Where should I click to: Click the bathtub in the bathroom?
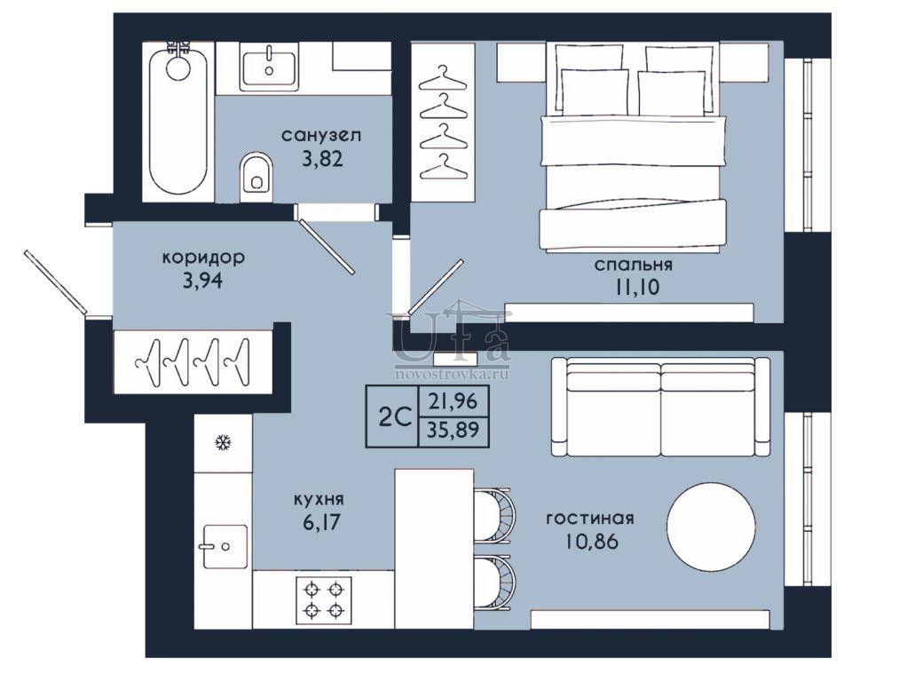point(177,122)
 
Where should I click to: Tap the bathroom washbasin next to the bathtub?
point(269,69)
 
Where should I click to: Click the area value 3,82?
point(323,158)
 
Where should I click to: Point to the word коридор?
point(203,258)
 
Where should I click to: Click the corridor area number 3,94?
point(201,282)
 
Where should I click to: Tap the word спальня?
point(633,265)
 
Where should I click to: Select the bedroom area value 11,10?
point(637,288)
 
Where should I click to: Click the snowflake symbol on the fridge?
point(222,443)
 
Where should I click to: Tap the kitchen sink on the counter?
point(225,546)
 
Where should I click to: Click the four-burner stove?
point(324,599)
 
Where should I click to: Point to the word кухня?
point(319,500)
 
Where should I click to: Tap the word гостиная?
point(590,518)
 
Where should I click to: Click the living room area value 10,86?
point(592,542)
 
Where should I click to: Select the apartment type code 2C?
point(395,417)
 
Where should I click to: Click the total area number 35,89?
point(453,429)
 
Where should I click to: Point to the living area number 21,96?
point(453,400)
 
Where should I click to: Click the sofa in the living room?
point(661,408)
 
